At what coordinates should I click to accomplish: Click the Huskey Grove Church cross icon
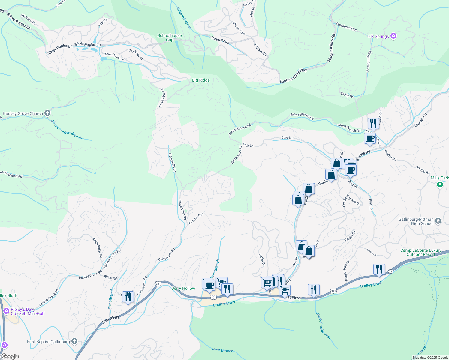tap(47, 113)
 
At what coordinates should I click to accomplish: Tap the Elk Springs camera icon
tap(393, 36)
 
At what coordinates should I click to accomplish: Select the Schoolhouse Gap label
tap(170, 37)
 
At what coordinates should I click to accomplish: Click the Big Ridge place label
tap(201, 80)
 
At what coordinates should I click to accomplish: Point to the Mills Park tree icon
tap(440, 184)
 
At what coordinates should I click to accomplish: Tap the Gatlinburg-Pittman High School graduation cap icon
tap(438, 221)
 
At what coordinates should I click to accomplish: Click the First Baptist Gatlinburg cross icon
tap(74, 341)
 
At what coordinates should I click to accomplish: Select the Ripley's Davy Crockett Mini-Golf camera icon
tap(6, 311)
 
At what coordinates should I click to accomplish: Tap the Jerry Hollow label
tap(183, 288)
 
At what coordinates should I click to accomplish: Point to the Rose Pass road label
tap(220, 40)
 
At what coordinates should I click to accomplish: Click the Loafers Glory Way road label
tap(293, 76)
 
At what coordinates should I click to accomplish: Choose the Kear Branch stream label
tap(222, 350)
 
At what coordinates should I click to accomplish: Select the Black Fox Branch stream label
tap(323, 326)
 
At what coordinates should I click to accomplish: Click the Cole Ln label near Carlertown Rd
tap(248, 145)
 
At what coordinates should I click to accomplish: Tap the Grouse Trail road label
tap(196, 218)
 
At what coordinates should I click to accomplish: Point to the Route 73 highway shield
tap(390, 271)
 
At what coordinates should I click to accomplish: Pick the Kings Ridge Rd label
tap(97, 248)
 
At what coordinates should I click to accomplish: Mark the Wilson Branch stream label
tap(184, 19)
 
